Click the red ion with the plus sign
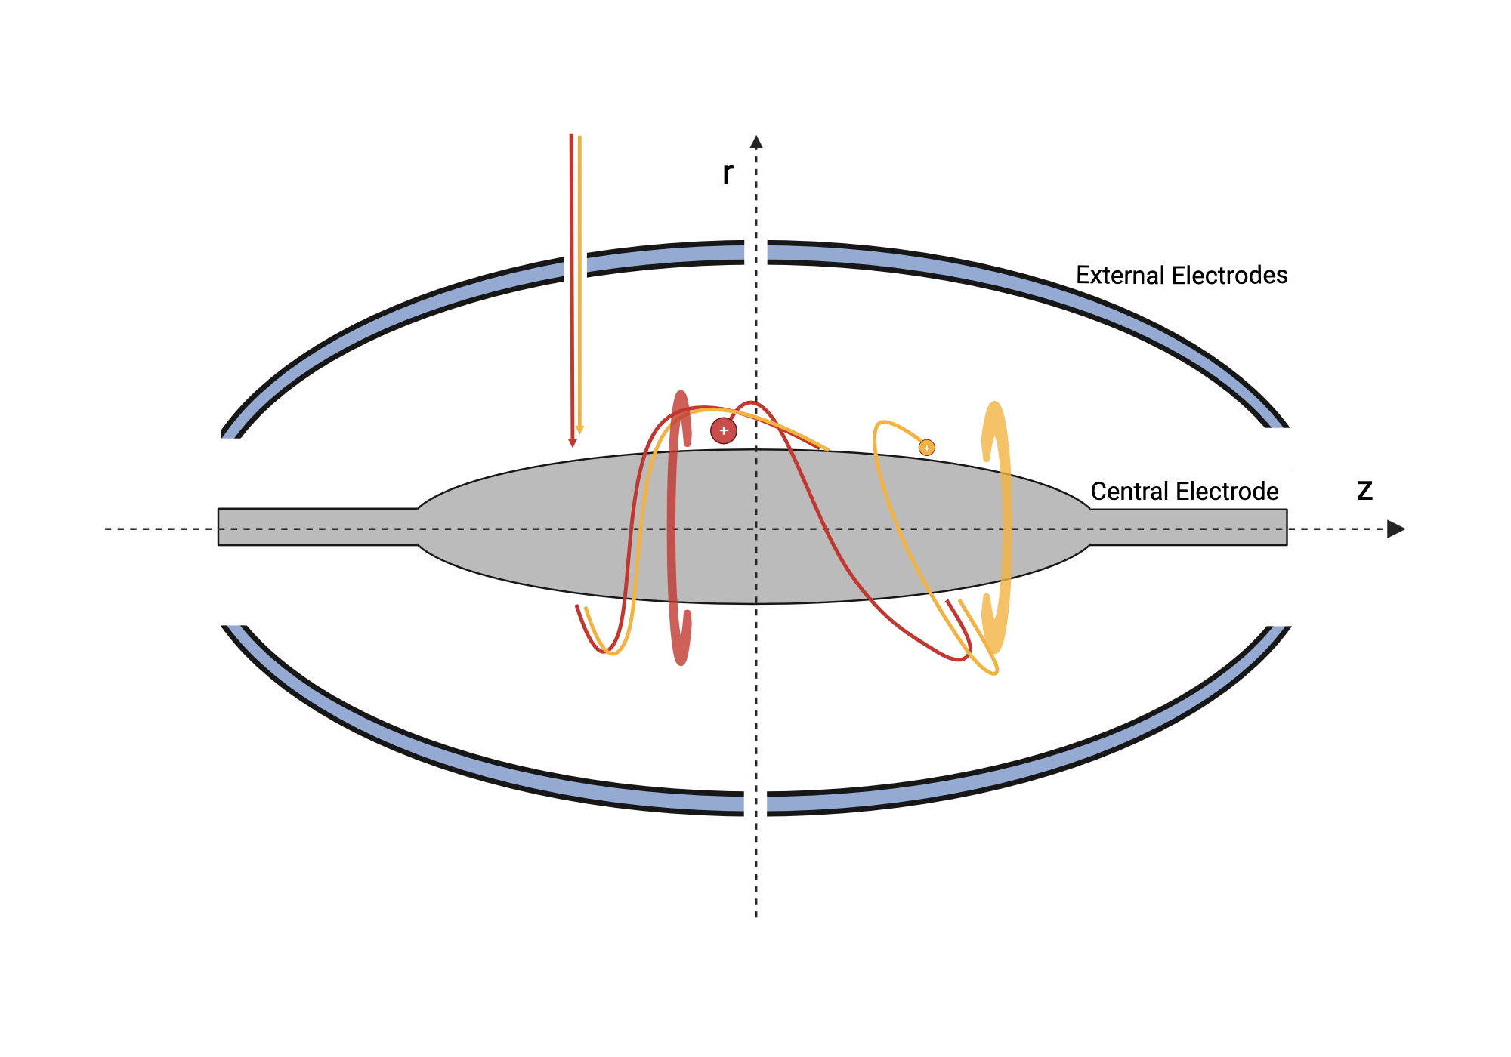pyautogui.click(x=723, y=430)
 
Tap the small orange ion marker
pyautogui.click(x=926, y=448)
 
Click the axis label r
pyautogui.click(x=727, y=173)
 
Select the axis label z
pyautogui.click(x=1364, y=491)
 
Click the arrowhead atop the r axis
pyautogui.click(x=756, y=142)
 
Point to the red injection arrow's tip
pyautogui.click(x=572, y=443)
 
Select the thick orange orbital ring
pyautogui.click(x=1006, y=528)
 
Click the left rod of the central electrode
pyautogui.click(x=317, y=527)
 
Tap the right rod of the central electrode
pyautogui.click(x=1189, y=527)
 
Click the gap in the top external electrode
pyautogui.click(x=755, y=252)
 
